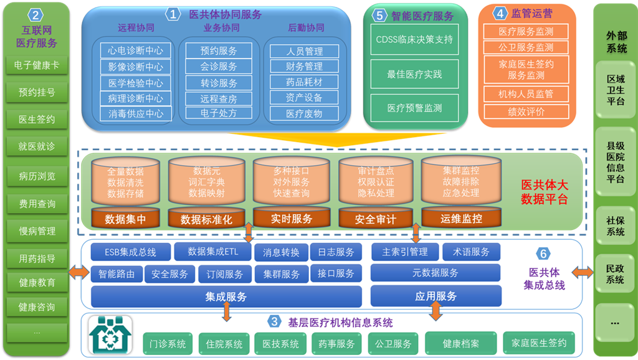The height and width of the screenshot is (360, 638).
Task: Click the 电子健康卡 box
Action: click(x=37, y=65)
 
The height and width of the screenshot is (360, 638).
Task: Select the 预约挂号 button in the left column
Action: click(x=37, y=92)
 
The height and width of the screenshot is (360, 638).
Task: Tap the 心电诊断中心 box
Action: click(x=135, y=50)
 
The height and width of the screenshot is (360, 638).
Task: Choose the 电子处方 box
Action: click(x=219, y=113)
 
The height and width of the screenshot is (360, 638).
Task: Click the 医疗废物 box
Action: click(x=304, y=113)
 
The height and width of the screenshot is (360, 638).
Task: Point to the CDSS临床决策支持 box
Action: click(x=414, y=39)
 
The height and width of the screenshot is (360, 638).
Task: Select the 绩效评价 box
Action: click(x=526, y=111)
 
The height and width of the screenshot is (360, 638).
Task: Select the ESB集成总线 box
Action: click(x=131, y=252)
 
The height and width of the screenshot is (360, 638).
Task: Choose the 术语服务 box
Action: click(x=472, y=252)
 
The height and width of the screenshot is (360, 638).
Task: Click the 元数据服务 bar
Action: click(x=435, y=273)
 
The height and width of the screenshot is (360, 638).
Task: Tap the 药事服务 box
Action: click(x=336, y=343)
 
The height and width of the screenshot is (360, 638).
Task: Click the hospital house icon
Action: click(x=110, y=335)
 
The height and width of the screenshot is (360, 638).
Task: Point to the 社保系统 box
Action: click(x=616, y=226)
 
